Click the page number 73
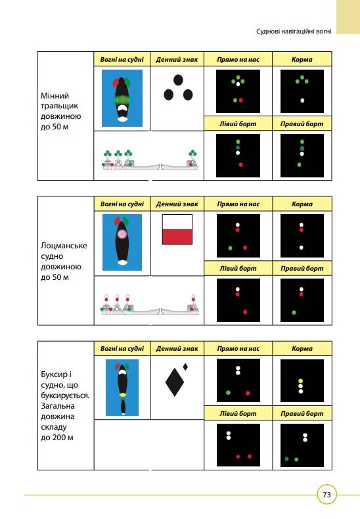(326, 495)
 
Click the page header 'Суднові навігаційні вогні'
(294, 32)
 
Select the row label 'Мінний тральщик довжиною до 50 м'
(60, 111)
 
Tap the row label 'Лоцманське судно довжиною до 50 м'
(64, 261)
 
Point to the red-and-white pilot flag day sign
(177, 229)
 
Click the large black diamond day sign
(174, 382)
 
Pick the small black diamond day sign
(185, 367)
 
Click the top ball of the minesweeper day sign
(178, 79)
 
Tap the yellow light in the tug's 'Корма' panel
(300, 381)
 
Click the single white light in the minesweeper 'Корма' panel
(302, 101)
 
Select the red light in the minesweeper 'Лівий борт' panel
(240, 164)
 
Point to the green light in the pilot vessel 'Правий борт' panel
(294, 312)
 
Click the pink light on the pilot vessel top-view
(122, 234)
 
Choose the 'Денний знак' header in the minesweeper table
(177, 60)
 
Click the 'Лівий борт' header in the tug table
(238, 413)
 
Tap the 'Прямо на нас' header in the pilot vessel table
(238, 204)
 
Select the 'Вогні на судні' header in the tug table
(122, 349)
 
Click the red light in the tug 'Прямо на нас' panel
(248, 394)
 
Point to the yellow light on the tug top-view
(123, 395)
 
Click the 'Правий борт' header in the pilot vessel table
(302, 269)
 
